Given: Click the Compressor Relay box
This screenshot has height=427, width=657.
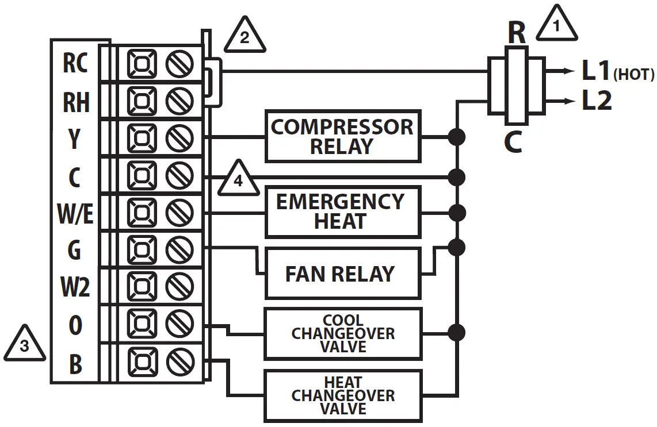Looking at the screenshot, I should (342, 136).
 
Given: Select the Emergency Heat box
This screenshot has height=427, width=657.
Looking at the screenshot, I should (342, 211).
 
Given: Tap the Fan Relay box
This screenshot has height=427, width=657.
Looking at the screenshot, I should (342, 274).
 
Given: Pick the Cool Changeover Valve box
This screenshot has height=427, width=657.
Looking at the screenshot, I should (342, 333).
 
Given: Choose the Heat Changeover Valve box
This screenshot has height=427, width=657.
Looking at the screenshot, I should (342, 395).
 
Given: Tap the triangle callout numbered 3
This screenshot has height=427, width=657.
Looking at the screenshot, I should (24, 345).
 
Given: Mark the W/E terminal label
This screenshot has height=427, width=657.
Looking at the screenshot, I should (75, 214).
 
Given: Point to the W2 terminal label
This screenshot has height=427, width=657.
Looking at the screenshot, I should (75, 287).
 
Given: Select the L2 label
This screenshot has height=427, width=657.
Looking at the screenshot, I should (597, 102).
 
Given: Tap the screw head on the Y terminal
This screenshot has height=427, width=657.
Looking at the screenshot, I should (179, 139).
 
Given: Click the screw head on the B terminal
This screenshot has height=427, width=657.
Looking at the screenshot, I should (179, 362).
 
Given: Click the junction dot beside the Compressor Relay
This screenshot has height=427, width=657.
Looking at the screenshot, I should (457, 137).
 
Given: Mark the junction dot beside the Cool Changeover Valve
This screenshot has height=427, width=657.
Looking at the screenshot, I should (457, 332).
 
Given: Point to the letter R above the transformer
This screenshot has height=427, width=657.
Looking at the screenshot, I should (517, 33).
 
